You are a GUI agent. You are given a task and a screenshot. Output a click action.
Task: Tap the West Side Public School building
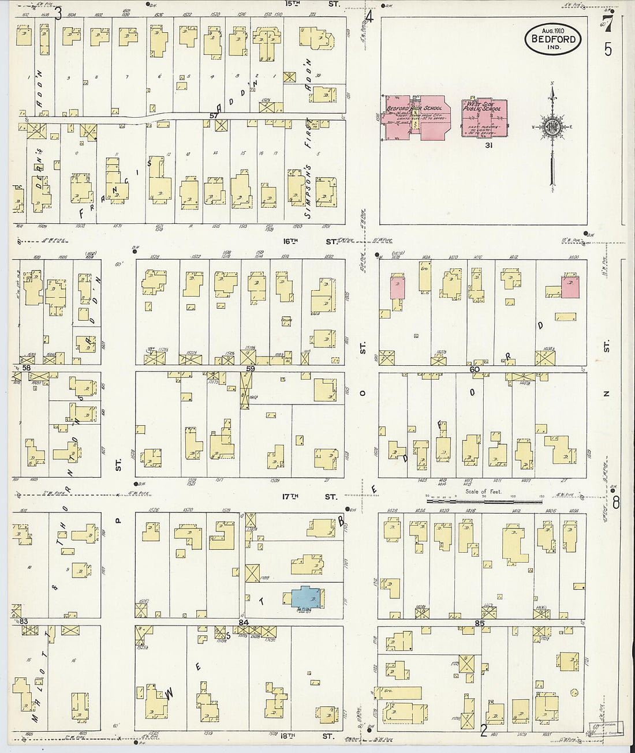click(484, 118)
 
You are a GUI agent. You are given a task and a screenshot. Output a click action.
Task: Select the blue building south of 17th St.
click(308, 597)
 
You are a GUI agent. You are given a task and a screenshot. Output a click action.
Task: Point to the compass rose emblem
click(551, 126)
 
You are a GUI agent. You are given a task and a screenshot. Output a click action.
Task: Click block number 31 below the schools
click(488, 145)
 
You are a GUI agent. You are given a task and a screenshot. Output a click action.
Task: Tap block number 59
click(251, 368)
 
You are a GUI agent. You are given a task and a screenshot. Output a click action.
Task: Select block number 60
click(475, 369)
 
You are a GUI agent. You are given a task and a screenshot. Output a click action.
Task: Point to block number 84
click(244, 623)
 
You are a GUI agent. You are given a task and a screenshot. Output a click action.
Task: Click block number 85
click(479, 623)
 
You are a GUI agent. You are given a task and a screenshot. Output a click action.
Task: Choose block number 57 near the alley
click(214, 115)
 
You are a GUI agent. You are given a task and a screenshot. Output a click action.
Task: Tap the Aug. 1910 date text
click(552, 30)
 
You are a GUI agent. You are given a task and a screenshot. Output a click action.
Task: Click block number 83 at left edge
click(24, 621)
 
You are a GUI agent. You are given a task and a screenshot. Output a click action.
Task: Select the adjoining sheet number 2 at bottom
click(484, 731)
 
